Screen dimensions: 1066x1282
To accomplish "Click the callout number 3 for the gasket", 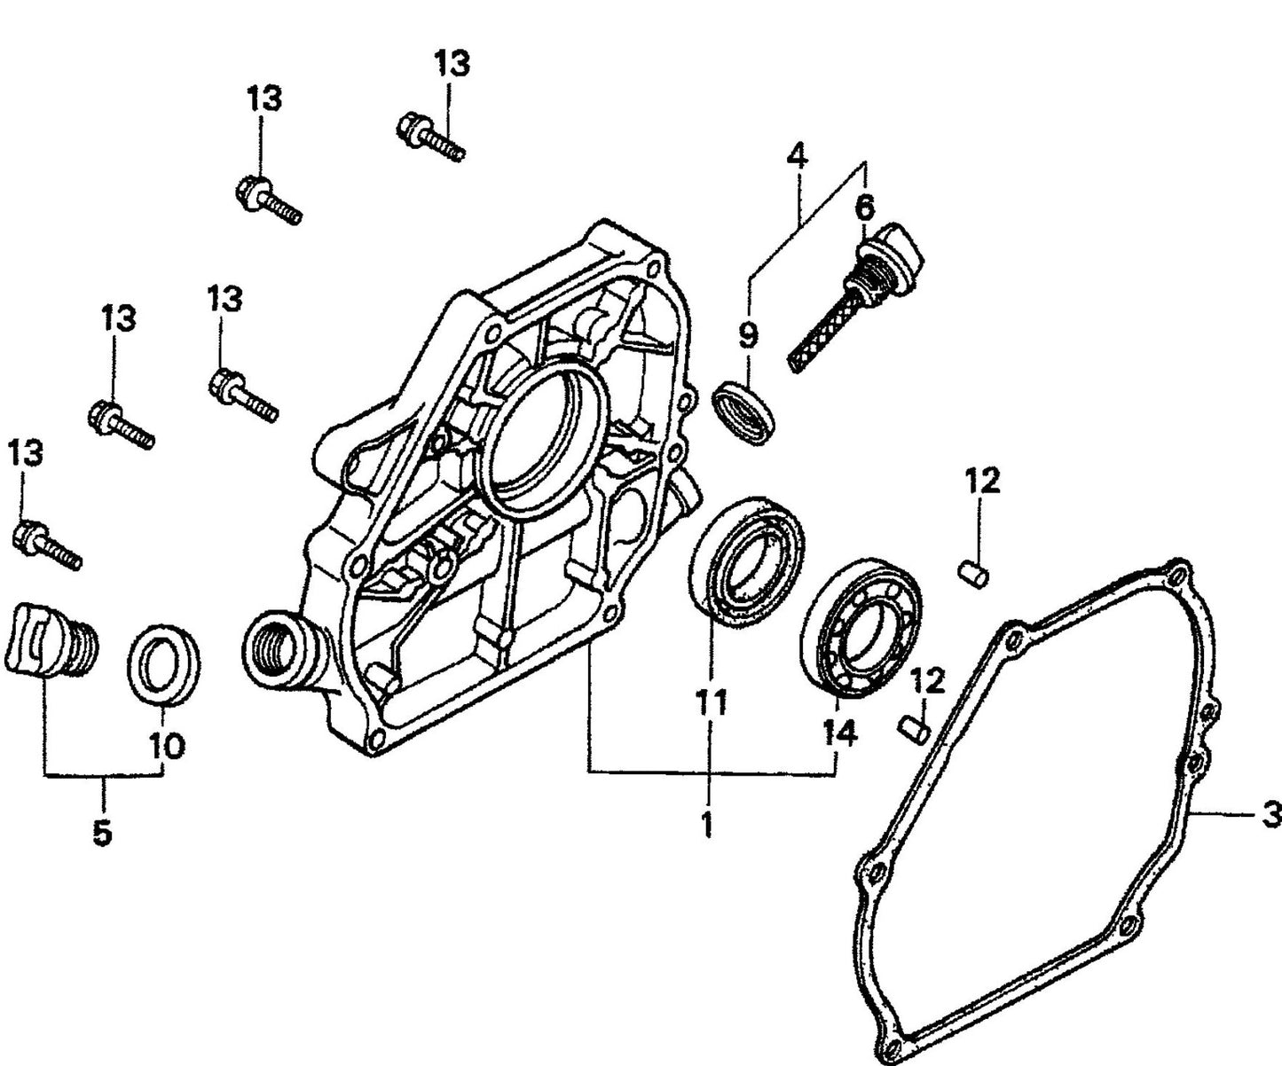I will (1270, 813).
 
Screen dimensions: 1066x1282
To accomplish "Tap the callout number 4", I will (797, 158).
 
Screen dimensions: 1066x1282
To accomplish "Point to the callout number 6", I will (863, 208).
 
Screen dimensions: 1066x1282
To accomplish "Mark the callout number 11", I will (710, 702).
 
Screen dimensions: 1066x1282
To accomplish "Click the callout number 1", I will (706, 824).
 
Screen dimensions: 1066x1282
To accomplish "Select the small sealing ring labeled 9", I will (745, 410).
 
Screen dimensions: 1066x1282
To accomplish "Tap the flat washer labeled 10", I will (165, 666).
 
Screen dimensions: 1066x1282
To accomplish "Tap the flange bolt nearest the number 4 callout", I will (430, 136).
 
